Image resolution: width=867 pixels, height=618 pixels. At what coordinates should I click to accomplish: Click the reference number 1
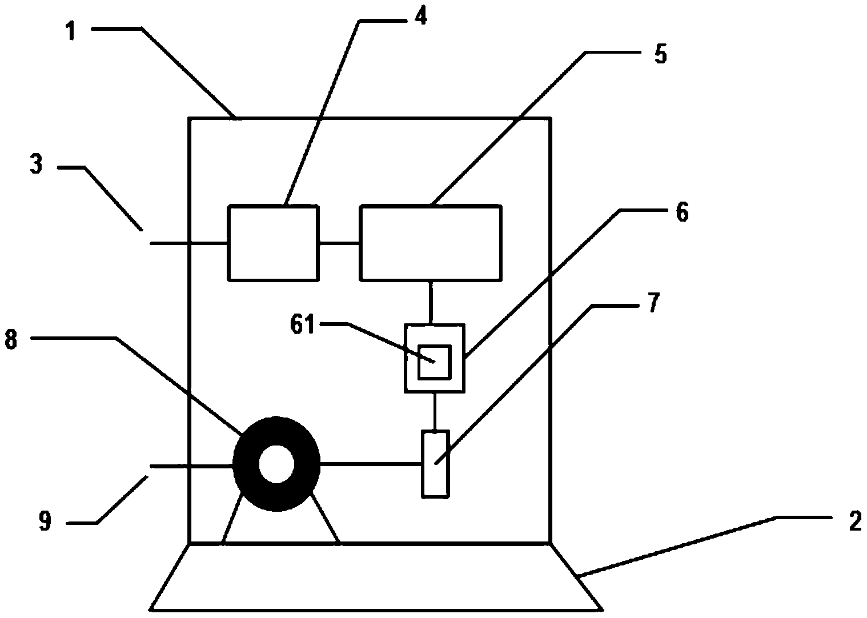[71, 31]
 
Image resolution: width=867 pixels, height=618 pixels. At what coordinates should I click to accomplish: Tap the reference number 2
[854, 521]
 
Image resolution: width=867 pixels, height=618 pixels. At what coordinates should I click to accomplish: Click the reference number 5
[660, 55]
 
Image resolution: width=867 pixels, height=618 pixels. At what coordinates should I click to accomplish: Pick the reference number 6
[681, 212]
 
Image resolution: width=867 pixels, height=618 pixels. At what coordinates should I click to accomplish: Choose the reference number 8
[11, 341]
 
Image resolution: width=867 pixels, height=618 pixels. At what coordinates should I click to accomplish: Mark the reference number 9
[45, 521]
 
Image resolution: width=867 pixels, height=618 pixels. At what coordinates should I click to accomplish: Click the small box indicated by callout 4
[273, 243]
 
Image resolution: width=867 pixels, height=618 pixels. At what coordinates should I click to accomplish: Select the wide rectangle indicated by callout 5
[431, 243]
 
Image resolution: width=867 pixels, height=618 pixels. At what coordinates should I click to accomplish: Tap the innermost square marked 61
[435, 362]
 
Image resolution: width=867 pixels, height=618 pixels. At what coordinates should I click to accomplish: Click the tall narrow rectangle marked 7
[435, 464]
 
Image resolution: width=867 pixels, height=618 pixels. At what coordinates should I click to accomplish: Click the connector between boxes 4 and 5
[339, 244]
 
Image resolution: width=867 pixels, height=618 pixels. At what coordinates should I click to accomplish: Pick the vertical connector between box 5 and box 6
[432, 302]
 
